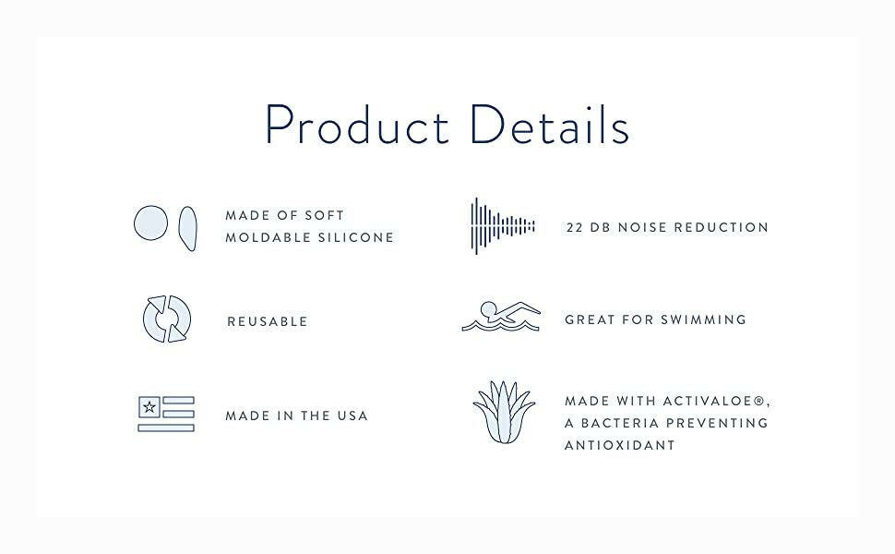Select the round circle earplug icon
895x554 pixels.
tap(151, 223)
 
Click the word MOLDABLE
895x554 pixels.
tap(267, 237)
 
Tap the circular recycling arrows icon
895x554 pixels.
tap(167, 319)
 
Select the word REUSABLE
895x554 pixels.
tap(268, 321)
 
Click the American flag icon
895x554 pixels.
tap(166, 414)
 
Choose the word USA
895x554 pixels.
tap(351, 415)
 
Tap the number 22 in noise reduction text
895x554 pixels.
tap(576, 227)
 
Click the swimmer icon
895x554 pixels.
tap(501, 317)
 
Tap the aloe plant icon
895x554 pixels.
tap(504, 413)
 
